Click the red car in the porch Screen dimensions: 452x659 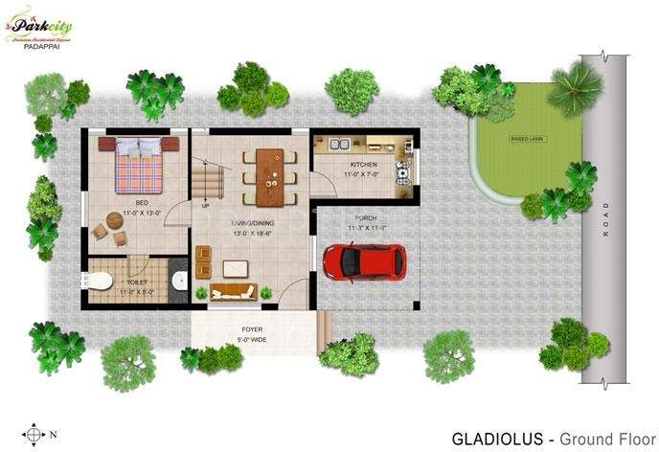pos(363,261)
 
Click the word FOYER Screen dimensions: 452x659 pos(252,328)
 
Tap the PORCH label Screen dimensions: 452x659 pos(364,218)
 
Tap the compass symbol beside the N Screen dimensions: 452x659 pos(35,433)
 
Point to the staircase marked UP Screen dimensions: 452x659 pos(207,179)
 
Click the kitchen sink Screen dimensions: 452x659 pos(338,146)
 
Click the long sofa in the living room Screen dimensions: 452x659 pos(231,293)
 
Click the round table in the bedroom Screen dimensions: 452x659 pos(115,220)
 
